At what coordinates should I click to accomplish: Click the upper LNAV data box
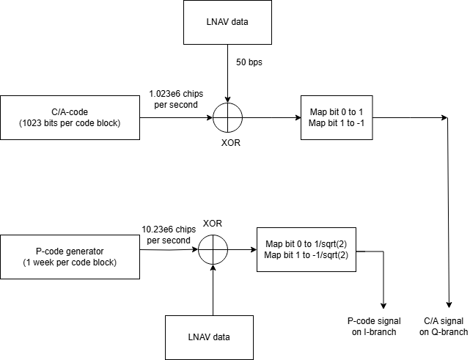[x=227, y=22]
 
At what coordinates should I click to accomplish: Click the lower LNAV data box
[x=209, y=337]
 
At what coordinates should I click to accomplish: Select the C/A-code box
[x=70, y=117]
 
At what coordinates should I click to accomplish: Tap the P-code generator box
[x=70, y=257]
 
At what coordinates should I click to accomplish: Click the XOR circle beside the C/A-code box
[x=227, y=118]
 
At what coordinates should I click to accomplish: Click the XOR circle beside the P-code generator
[x=213, y=249]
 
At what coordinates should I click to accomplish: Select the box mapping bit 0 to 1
[x=337, y=117]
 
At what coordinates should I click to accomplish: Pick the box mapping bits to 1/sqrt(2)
[x=306, y=249]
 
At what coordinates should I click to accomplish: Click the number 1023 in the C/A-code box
[x=35, y=123]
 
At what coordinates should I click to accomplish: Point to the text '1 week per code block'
[x=70, y=262]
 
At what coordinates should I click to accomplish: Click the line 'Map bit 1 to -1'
[x=337, y=123]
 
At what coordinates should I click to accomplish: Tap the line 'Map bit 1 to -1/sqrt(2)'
[x=306, y=255]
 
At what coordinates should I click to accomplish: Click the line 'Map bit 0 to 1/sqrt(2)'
[x=306, y=244]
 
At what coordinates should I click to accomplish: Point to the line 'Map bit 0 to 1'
[x=337, y=112]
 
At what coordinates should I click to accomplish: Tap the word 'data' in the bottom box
[x=220, y=337]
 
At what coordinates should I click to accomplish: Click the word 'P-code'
[x=49, y=251]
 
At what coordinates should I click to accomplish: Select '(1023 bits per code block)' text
[x=69, y=123]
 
